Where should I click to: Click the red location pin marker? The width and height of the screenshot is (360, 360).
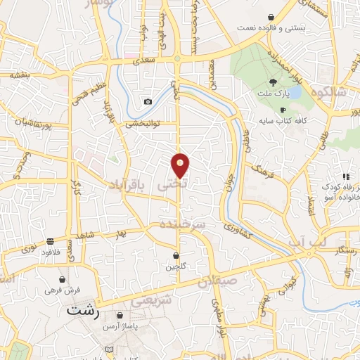[181, 165]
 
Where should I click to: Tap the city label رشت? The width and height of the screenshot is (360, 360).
[83, 309]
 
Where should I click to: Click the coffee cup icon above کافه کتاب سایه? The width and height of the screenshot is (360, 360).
[283, 110]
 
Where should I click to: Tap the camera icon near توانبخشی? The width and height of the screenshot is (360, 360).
[148, 102]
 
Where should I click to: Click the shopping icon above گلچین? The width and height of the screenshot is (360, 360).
[176, 255]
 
